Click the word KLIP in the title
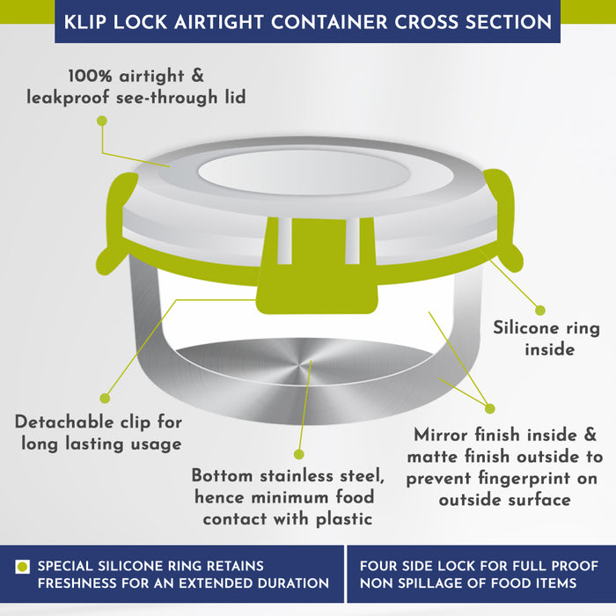click(84, 22)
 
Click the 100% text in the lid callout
click(91, 76)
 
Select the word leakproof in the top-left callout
click(68, 98)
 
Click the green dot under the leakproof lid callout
click(102, 121)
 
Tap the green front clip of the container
click(317, 268)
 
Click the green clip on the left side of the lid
click(116, 224)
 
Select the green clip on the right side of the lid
click(503, 220)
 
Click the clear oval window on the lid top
click(304, 172)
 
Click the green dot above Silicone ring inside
click(540, 311)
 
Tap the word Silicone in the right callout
click(524, 328)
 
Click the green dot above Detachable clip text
click(105, 399)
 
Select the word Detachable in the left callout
click(64, 422)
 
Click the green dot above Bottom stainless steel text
click(299, 455)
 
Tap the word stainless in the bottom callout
click(297, 476)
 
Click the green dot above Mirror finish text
click(489, 408)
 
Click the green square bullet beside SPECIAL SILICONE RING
click(22, 567)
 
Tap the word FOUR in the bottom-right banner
click(376, 566)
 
